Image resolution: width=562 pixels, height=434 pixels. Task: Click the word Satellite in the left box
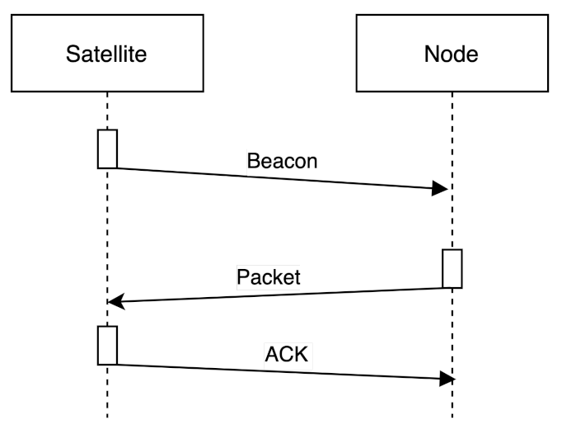(x=106, y=54)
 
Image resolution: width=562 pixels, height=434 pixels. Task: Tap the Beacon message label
(x=282, y=161)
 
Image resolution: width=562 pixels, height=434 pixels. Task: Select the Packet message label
(x=269, y=276)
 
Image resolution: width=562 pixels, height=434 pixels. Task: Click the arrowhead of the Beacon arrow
(x=441, y=189)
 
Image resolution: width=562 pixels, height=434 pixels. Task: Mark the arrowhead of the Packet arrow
(x=115, y=302)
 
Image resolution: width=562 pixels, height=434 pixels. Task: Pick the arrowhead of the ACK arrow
(x=447, y=379)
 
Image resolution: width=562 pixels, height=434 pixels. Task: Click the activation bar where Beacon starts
(x=107, y=149)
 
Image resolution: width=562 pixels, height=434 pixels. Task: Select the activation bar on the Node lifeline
(x=452, y=268)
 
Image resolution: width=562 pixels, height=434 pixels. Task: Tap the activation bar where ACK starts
(x=107, y=345)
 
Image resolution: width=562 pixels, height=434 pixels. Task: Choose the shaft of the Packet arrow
(x=280, y=295)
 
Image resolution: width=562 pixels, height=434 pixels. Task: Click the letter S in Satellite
(x=72, y=54)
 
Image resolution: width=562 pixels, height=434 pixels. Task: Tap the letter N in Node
(x=431, y=54)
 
